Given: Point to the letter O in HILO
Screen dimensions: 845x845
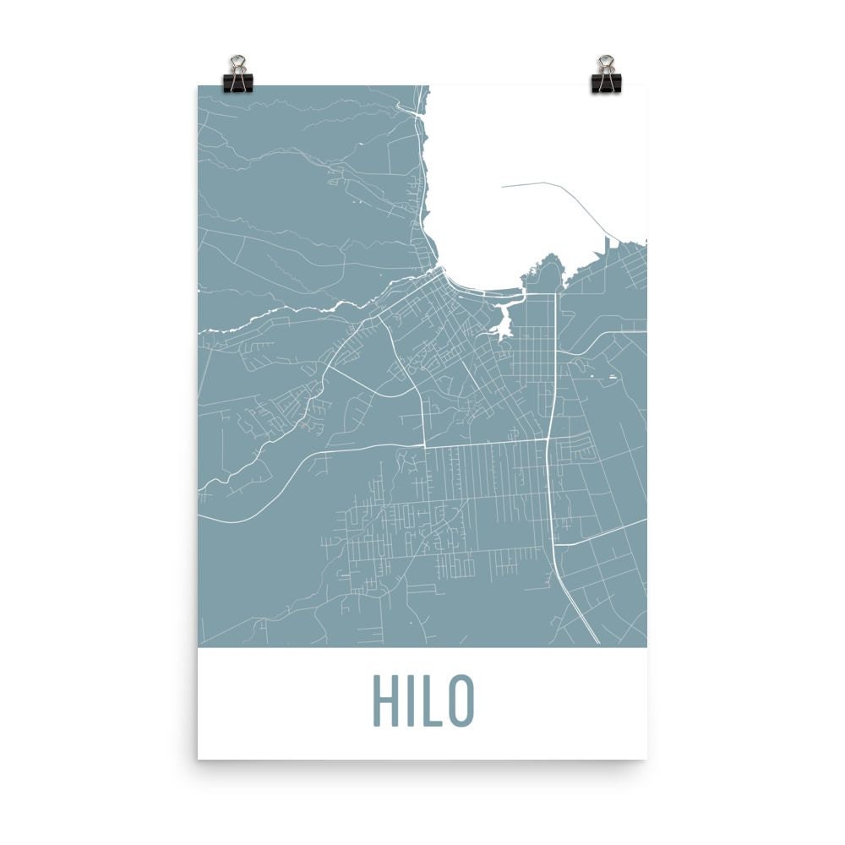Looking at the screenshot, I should pyautogui.click(x=461, y=701).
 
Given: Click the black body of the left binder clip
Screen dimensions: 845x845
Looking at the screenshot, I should pyautogui.click(x=238, y=82).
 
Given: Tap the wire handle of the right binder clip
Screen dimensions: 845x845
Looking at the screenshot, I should pyautogui.click(x=606, y=63).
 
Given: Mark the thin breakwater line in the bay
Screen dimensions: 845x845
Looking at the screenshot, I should pyautogui.click(x=575, y=194).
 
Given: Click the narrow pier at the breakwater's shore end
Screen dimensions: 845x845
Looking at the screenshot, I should pyautogui.click(x=606, y=245).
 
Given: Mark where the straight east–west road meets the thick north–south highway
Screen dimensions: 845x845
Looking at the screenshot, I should pyautogui.click(x=549, y=439).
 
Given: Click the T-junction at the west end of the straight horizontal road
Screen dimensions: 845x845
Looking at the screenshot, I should pyautogui.click(x=423, y=444).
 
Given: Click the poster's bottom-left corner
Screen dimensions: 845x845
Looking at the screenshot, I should pyautogui.click(x=199, y=758).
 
